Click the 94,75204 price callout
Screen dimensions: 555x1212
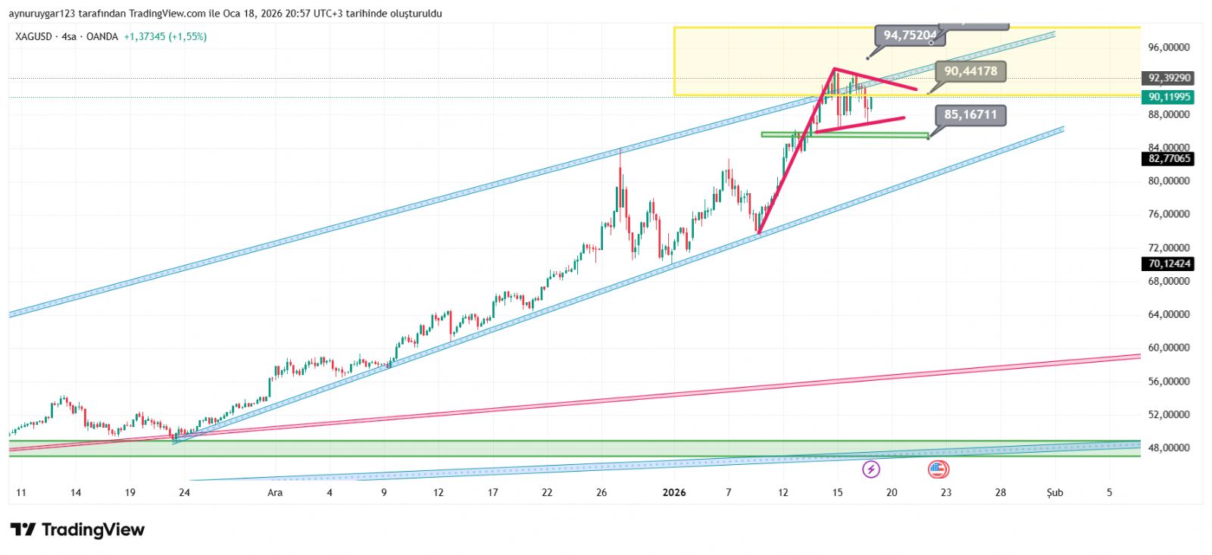click(909, 35)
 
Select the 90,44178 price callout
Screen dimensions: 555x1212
click(970, 71)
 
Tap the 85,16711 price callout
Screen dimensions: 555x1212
click(970, 115)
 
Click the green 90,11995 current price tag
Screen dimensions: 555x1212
click(1170, 97)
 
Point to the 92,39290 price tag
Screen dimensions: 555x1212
click(1170, 78)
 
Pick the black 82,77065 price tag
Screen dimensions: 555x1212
click(1170, 159)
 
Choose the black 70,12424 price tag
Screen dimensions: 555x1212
click(1170, 264)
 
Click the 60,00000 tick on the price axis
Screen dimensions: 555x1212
click(1169, 348)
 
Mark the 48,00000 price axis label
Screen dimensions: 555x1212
click(1169, 448)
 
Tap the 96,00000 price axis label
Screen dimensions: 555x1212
click(1169, 47)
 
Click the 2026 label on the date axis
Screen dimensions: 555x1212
click(673, 493)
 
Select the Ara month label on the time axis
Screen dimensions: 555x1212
click(275, 493)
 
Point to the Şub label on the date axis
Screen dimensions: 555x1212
click(1054, 493)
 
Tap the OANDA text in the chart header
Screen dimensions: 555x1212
click(102, 36)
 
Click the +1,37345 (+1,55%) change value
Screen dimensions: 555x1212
click(165, 36)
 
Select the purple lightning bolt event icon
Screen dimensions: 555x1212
click(871, 469)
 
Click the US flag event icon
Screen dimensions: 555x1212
click(939, 469)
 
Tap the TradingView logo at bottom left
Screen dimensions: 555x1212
click(77, 529)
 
